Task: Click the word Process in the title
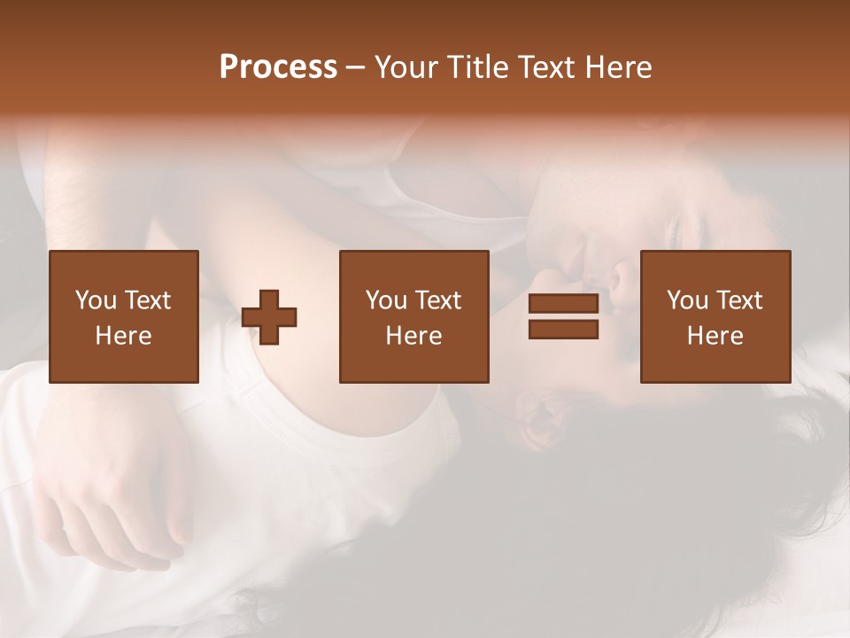pos(278,67)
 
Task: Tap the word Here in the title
pos(619,67)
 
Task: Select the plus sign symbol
pos(269,317)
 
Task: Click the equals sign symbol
pos(563,317)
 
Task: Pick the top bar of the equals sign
pos(563,304)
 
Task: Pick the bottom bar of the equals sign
pos(563,330)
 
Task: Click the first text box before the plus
pos(123,316)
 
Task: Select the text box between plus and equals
pos(413,316)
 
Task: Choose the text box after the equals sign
pos(715,316)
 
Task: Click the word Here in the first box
pos(123,336)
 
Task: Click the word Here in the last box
pos(715,336)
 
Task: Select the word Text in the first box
pos(149,300)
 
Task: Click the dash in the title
pos(356,67)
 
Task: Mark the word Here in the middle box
pos(413,336)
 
